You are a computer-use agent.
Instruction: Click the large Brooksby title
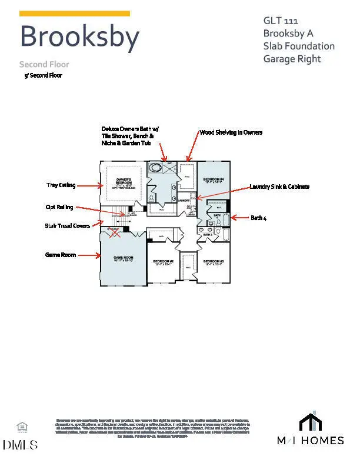click(x=79, y=36)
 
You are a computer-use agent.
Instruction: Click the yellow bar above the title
click(x=75, y=14)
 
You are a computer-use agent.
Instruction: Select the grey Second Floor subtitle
click(x=44, y=64)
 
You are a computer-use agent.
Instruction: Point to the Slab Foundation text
click(x=299, y=46)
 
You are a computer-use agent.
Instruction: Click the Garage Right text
click(x=292, y=59)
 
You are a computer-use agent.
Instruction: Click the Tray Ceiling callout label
click(x=61, y=185)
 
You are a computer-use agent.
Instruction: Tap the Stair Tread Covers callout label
click(x=68, y=225)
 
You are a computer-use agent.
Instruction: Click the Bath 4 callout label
click(x=259, y=218)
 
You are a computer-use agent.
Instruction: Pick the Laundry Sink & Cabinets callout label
click(x=279, y=187)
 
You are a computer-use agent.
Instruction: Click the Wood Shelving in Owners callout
click(x=231, y=132)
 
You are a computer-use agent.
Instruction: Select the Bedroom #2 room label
click(x=163, y=262)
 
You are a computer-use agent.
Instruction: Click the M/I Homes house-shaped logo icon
click(x=311, y=422)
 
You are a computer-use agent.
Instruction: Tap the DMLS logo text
click(x=21, y=445)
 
